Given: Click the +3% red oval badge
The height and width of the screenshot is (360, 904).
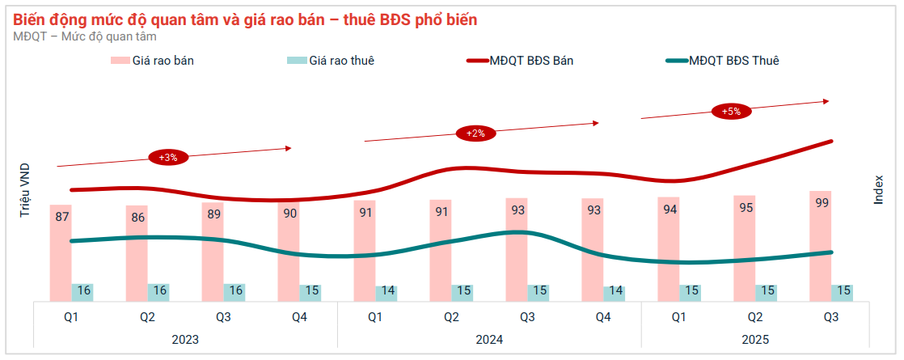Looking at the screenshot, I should (x=168, y=157).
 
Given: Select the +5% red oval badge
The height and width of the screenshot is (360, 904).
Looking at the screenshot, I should (x=732, y=112).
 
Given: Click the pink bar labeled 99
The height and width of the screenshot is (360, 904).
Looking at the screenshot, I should (x=822, y=246).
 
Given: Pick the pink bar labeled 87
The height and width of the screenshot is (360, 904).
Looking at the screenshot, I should (x=61, y=252).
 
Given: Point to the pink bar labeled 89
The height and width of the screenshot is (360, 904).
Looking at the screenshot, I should (x=213, y=251).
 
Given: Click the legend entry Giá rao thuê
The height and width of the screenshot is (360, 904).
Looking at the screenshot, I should (x=332, y=61).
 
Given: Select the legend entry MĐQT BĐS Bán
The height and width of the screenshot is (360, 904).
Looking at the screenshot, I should (x=521, y=61).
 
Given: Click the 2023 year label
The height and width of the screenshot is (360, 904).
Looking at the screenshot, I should (x=185, y=340).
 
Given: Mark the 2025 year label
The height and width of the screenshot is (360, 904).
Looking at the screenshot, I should (x=754, y=340).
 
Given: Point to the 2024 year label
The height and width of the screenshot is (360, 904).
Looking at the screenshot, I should (x=489, y=340).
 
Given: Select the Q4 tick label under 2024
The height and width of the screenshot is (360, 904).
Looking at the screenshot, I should (x=603, y=317).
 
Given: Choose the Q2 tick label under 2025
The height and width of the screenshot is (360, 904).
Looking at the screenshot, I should (x=755, y=317).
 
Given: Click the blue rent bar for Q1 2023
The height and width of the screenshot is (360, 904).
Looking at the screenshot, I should (x=83, y=292).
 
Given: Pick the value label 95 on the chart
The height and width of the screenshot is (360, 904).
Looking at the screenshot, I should (x=746, y=208).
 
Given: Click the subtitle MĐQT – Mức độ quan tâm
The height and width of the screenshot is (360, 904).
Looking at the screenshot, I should (x=85, y=36).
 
